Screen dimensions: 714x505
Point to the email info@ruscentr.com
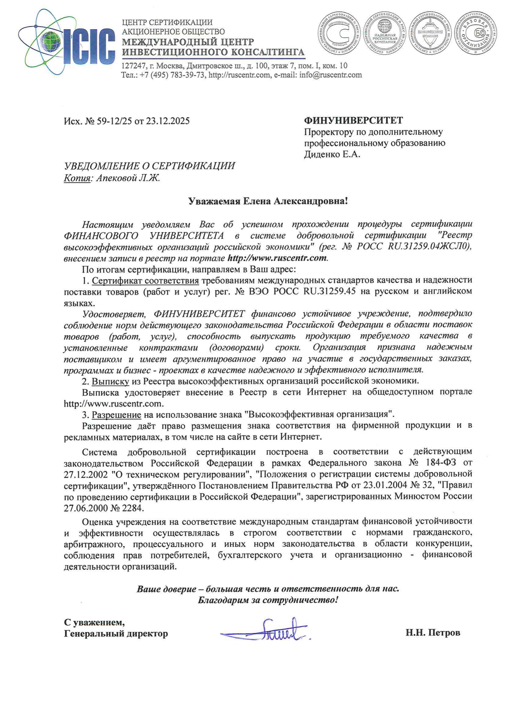330,75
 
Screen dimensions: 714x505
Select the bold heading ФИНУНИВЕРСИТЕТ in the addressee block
353,120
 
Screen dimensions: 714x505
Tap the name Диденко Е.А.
332,155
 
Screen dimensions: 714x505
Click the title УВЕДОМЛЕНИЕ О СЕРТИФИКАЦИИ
149,166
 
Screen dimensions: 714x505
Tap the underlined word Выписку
111,381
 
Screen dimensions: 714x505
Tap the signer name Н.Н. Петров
433,633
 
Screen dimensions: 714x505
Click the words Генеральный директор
116,633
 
